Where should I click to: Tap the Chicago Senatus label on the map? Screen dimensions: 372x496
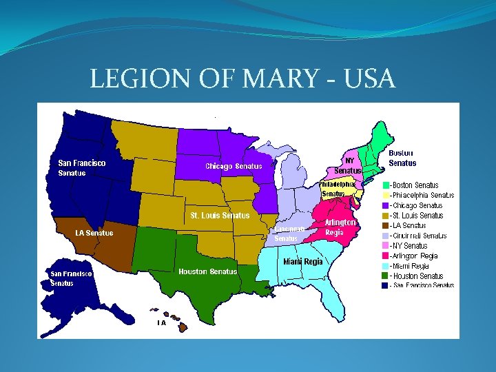tap(234, 166)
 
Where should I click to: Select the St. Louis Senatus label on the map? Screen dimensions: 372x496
tap(220, 216)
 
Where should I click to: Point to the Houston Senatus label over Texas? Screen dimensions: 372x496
tap(207, 271)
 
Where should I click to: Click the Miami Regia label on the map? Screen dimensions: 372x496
tap(303, 262)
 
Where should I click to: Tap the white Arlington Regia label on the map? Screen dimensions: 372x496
tap(340, 227)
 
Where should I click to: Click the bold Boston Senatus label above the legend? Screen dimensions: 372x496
tap(402, 158)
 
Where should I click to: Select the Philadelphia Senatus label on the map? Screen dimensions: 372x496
tap(338, 189)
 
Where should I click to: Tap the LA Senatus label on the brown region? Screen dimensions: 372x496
tap(94, 233)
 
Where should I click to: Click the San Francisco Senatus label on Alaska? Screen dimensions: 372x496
tap(70, 278)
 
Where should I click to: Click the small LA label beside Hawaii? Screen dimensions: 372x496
tap(161, 322)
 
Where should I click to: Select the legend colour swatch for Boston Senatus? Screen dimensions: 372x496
tap(386, 185)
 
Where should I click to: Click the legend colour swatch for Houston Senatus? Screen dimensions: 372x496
tap(386, 276)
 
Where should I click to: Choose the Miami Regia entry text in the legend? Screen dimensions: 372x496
tap(411, 265)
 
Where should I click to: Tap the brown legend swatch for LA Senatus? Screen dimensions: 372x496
tap(386, 225)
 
